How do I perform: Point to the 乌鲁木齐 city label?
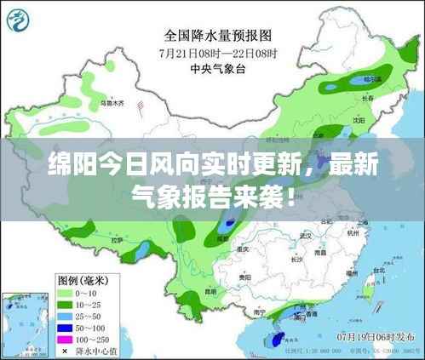click(x=112, y=103)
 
